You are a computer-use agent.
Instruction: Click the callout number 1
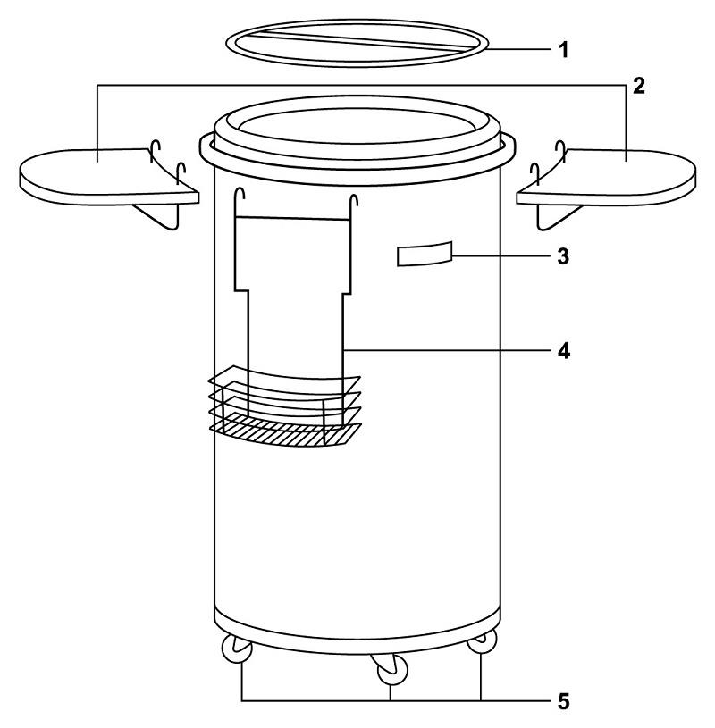coord(563,48)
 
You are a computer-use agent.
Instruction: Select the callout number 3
coord(563,255)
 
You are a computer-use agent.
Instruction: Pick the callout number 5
coord(563,700)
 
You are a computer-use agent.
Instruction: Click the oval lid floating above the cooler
coord(357,55)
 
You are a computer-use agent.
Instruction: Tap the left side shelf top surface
coord(89,170)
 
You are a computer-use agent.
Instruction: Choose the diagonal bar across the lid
coord(357,39)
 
